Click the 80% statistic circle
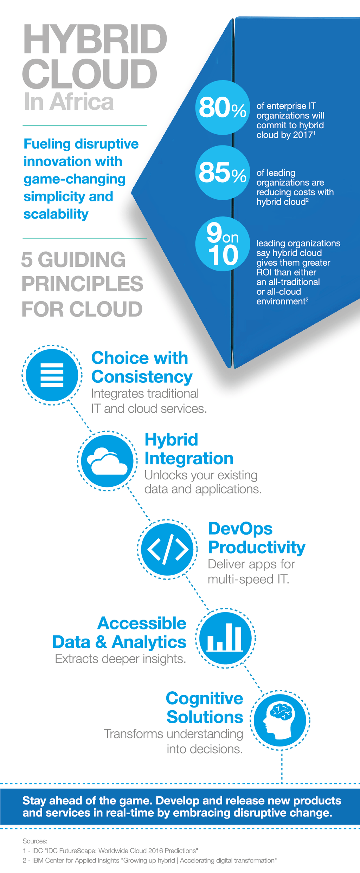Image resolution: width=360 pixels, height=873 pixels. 222,108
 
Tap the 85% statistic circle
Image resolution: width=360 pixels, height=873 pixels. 222,173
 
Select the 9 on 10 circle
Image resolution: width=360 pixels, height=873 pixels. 222,244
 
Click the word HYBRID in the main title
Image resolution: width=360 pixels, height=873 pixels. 95,39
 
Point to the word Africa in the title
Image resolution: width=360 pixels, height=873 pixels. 82,102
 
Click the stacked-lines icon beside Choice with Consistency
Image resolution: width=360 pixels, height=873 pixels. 52,375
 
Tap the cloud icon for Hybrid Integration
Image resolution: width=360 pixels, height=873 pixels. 107,461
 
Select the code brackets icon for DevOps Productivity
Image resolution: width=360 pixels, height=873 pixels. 167,549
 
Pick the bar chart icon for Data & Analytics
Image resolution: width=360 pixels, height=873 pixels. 225,638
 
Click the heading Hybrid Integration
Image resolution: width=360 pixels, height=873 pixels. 189,449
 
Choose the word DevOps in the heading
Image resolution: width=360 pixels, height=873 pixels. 240,529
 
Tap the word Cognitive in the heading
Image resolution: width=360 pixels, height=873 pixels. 204,698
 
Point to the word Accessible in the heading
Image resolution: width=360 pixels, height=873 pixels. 142,623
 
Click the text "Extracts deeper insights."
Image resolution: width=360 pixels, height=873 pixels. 120,659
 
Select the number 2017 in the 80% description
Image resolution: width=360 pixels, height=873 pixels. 303,135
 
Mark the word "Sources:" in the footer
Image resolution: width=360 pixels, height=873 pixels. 35,841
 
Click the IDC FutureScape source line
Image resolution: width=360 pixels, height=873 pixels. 110,851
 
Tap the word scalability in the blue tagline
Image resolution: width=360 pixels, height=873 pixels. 56,214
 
